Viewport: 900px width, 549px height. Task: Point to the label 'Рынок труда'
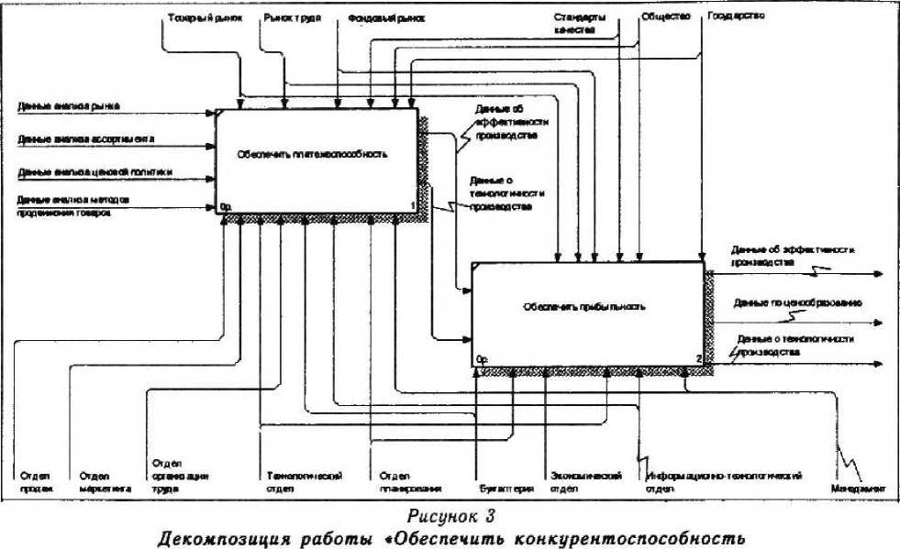click(292, 17)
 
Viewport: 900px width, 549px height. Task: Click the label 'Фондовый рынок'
click(381, 17)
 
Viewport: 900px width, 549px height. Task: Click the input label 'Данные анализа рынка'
click(69, 106)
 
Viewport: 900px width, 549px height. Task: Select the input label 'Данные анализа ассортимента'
click(85, 139)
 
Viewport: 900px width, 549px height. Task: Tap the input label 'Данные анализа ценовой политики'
click(95, 171)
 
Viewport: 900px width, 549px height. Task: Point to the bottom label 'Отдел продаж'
click(36, 483)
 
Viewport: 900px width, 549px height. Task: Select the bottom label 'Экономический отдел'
click(587, 483)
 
